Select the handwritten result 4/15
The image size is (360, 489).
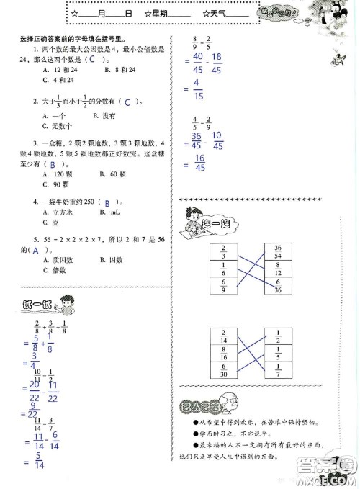[x=196, y=90]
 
